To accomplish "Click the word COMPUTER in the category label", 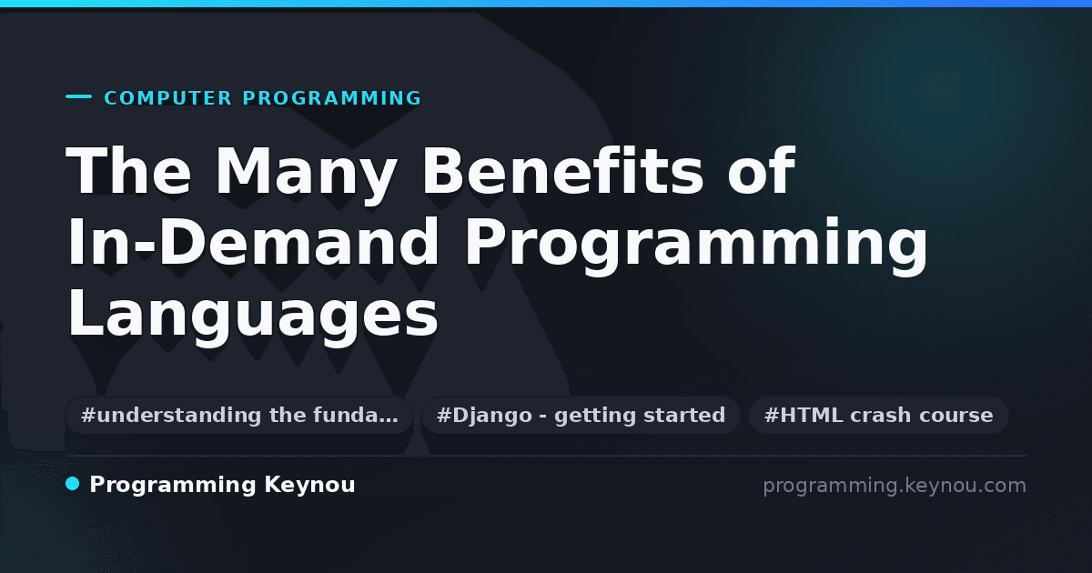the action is pos(167,98).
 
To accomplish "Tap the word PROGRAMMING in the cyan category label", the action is pos(331,98).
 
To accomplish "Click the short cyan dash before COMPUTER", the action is pos(78,96).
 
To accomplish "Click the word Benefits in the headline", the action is pos(562,171).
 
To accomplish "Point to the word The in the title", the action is pos(128,171).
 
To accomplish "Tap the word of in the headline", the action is pos(762,171).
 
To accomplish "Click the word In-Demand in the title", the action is pos(253,242).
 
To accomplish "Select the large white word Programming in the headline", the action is pos(696,246).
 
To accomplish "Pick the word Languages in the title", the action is pos(253,317).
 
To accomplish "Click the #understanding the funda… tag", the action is pos(239,415).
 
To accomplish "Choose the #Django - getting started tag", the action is pos(581,415).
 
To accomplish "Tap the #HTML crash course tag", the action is pos(878,415).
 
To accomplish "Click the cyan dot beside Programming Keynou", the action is pos(73,484).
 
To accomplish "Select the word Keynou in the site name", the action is pos(309,486).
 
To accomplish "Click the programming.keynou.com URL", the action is pos(895,486).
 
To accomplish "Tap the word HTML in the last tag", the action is pos(811,415).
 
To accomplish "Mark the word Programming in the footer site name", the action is pos(173,486).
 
